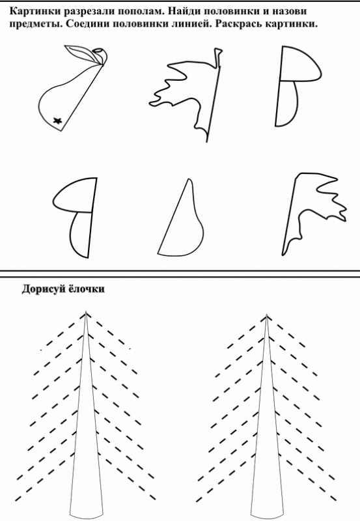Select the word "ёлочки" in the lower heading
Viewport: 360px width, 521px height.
point(87,289)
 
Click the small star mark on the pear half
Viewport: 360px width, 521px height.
point(58,121)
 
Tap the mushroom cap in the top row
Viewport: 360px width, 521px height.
point(299,64)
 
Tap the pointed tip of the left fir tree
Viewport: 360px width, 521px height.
point(86,312)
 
